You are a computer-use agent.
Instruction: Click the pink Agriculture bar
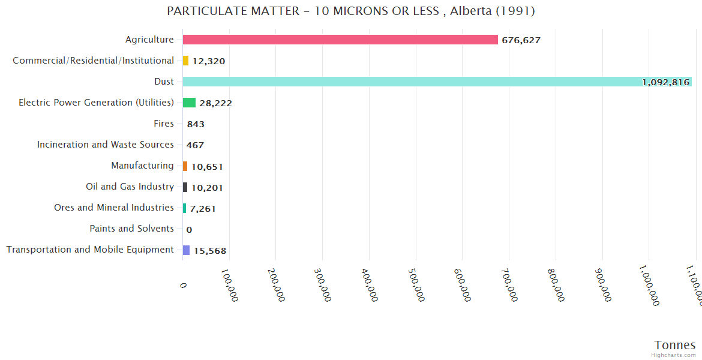pos(340,40)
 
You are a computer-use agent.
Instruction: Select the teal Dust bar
pos(437,82)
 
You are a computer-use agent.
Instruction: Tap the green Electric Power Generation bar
pos(189,103)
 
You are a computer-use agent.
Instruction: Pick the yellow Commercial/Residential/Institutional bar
pos(185,61)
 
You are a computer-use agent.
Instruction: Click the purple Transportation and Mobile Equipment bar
pos(186,250)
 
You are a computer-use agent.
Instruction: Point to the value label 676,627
pos(521,40)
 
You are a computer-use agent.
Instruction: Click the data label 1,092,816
pos(665,82)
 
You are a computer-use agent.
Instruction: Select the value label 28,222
pos(215,103)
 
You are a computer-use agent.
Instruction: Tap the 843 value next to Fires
pos(196,124)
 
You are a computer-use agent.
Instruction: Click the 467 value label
pos(195,145)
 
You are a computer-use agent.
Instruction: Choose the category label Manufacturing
pos(142,166)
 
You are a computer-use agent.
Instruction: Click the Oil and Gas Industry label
pos(130,187)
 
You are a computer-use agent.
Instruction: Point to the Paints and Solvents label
pos(131,229)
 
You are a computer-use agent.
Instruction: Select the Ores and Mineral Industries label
pos(113,208)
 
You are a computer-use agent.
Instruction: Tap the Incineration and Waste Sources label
pos(105,145)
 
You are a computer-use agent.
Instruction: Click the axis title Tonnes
pos(675,345)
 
